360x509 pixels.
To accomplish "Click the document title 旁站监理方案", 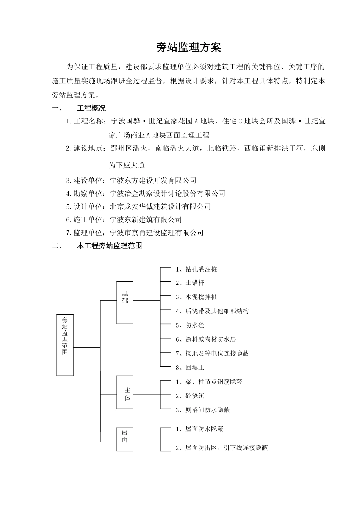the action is point(188,48).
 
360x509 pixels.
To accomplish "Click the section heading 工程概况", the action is point(91,109).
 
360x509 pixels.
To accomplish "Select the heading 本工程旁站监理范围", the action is point(110,246).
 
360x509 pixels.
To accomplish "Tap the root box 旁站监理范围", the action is point(65,345).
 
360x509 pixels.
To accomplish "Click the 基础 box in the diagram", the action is point(125,303).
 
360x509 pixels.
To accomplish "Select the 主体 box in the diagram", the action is point(125,395).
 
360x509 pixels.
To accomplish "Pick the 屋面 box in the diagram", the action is point(125,439).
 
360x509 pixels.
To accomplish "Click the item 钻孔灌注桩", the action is point(201,270).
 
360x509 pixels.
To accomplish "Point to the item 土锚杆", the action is point(195,283).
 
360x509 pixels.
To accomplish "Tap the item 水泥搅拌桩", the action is point(201,297).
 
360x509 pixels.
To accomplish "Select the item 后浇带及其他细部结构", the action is point(217,311).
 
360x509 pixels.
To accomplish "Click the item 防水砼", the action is point(195,325).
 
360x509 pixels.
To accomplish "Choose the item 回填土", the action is point(195,368).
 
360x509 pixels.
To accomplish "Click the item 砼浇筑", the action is point(195,396).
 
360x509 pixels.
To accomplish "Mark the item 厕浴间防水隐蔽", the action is point(207,410).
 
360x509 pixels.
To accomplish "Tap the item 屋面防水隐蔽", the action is point(204,429).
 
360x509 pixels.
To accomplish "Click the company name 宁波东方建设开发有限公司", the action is point(153,181).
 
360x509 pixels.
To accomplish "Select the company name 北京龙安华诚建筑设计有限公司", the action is point(160,207).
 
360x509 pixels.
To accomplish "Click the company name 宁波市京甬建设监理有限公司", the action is point(157,233).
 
